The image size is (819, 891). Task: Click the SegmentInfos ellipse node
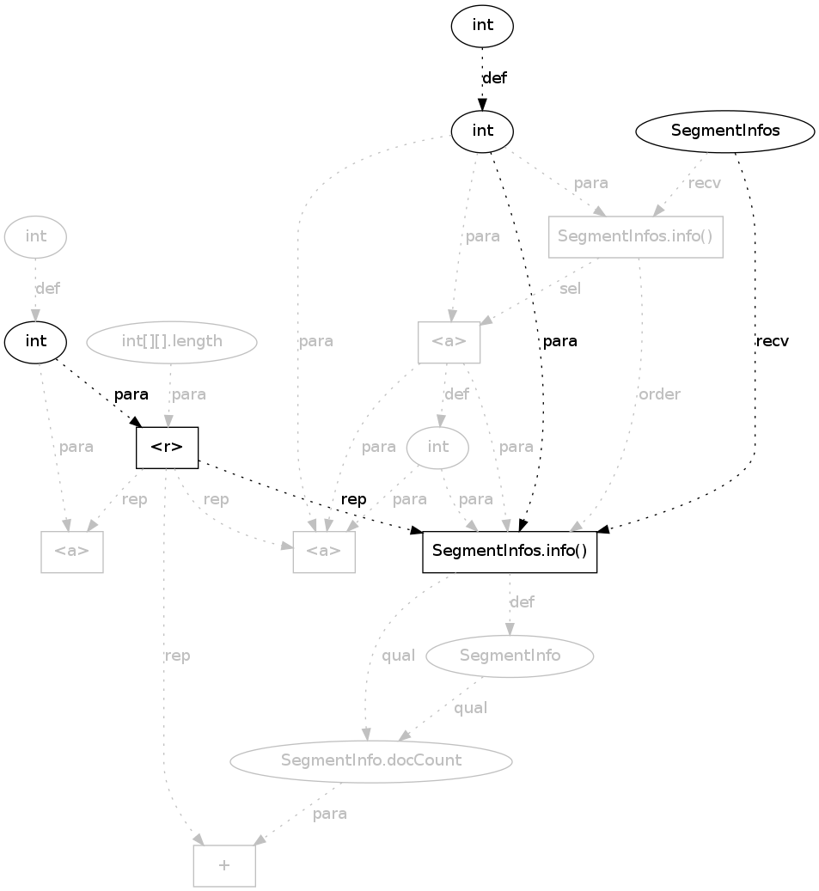(724, 131)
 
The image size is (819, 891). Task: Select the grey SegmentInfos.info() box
(635, 236)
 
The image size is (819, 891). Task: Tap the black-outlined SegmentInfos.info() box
(510, 552)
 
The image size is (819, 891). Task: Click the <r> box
(168, 448)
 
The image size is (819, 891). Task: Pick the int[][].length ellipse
(172, 341)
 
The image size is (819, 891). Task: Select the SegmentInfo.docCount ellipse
(371, 760)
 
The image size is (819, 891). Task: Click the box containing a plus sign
(224, 865)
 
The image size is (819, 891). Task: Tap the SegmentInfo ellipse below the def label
(510, 656)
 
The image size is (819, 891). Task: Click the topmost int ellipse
(482, 26)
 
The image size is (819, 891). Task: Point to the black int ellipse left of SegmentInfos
(482, 131)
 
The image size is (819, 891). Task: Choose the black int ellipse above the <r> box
(36, 341)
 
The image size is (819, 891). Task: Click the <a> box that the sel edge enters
(449, 341)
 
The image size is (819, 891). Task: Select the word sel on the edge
(570, 289)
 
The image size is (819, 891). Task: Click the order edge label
(659, 394)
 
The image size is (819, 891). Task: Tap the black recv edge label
(772, 341)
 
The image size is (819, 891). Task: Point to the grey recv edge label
(705, 183)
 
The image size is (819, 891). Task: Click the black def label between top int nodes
(494, 78)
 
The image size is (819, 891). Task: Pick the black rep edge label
(353, 499)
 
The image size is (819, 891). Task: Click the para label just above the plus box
(330, 814)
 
